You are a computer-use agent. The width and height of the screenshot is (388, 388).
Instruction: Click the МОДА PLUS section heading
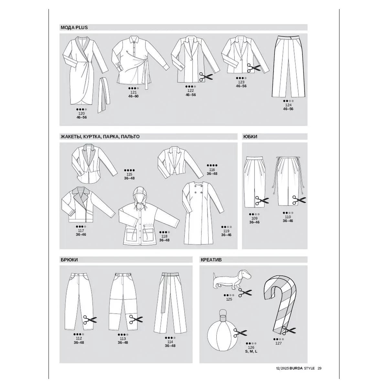tap(74, 27)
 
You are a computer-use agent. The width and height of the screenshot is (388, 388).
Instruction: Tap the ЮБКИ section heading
tap(250, 136)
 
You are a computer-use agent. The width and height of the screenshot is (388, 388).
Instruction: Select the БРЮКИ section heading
tap(69, 260)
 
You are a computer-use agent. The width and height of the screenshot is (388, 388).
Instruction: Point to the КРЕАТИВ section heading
tap(211, 260)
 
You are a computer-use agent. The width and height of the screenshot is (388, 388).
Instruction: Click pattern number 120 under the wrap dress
tap(81, 113)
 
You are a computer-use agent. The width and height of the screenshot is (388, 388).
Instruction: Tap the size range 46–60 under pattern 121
tap(133, 96)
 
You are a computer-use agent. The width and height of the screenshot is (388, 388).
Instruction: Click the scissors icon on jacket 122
tap(206, 77)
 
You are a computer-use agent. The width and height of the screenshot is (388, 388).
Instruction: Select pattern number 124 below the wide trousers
tap(288, 105)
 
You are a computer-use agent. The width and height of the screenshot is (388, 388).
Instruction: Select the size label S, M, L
tap(251, 351)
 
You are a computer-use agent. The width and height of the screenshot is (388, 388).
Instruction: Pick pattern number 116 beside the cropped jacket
tap(212, 170)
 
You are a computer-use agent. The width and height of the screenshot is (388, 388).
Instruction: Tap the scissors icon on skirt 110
tap(299, 200)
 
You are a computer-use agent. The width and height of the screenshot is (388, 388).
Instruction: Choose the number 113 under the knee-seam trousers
tap(123, 339)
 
